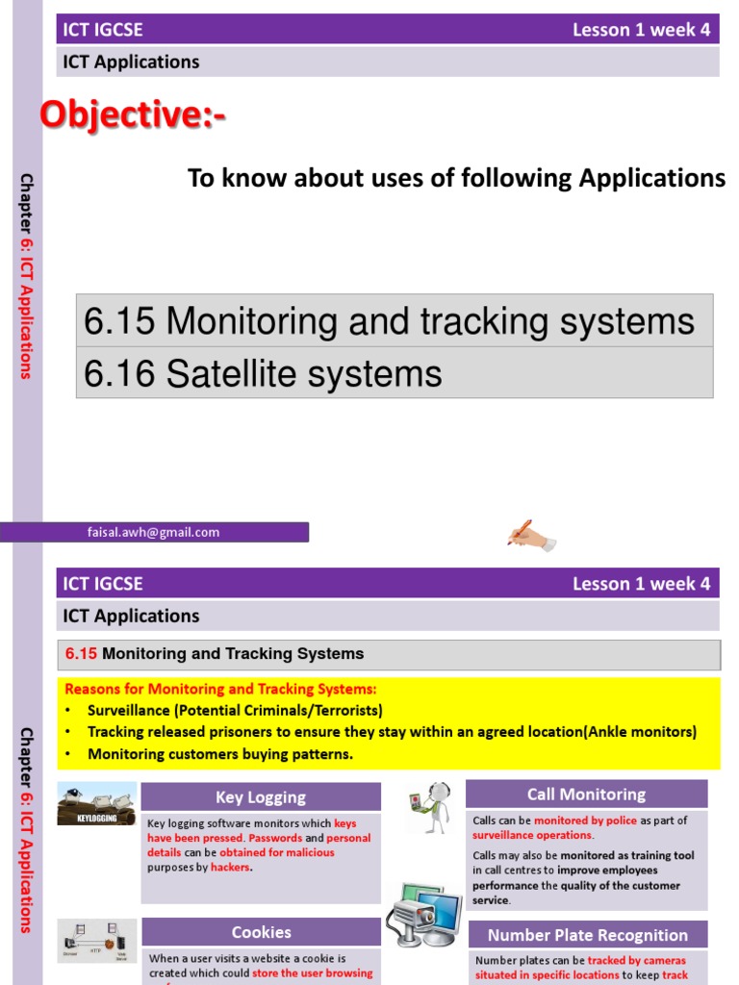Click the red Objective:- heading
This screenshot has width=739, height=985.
[x=134, y=116]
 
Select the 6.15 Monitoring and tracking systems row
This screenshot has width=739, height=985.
[x=389, y=321]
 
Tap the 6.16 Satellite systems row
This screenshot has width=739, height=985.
[x=263, y=373]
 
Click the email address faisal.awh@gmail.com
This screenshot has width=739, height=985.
[x=154, y=532]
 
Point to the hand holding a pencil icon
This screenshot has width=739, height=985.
[x=531, y=534]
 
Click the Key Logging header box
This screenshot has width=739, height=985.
[x=261, y=796]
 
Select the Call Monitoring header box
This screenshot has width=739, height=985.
[x=586, y=794]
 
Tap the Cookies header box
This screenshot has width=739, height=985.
[x=261, y=932]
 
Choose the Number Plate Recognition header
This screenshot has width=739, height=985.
[x=587, y=935]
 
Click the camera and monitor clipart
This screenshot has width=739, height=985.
[x=424, y=914]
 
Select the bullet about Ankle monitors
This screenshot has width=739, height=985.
[x=392, y=732]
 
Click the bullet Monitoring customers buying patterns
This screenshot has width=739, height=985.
[x=220, y=754]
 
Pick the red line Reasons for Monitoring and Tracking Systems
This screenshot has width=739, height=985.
[x=221, y=690]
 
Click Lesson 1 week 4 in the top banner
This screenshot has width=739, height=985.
[x=641, y=30]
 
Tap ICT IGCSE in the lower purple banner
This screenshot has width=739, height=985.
[x=103, y=584]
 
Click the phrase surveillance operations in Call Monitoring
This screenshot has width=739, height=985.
[x=531, y=835]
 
